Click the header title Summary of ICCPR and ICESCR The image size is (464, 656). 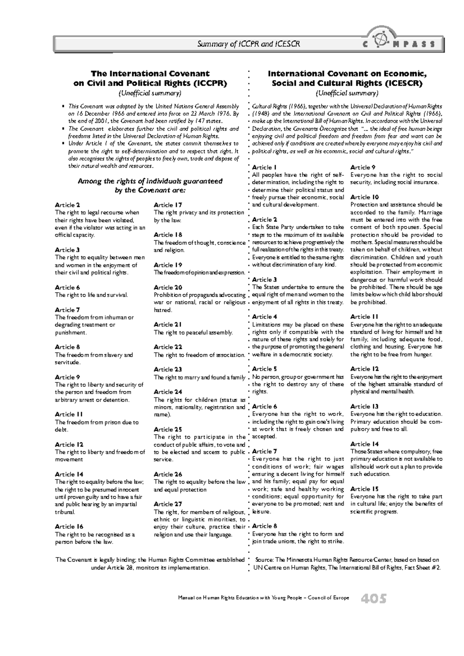tap(249, 44)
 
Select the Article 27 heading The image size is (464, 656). tap(167, 504)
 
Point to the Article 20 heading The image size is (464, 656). tap(168, 287)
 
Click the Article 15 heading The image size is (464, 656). tap(364, 489)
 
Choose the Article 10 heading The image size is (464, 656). tap(364, 197)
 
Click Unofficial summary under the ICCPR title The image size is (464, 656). tap(150, 93)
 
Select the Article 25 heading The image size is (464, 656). tap(167, 429)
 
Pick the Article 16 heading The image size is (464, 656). tap(69, 527)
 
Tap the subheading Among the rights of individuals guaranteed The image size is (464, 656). tap(150, 181)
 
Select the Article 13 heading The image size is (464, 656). tap(364, 406)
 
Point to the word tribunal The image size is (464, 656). tap(65, 512)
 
